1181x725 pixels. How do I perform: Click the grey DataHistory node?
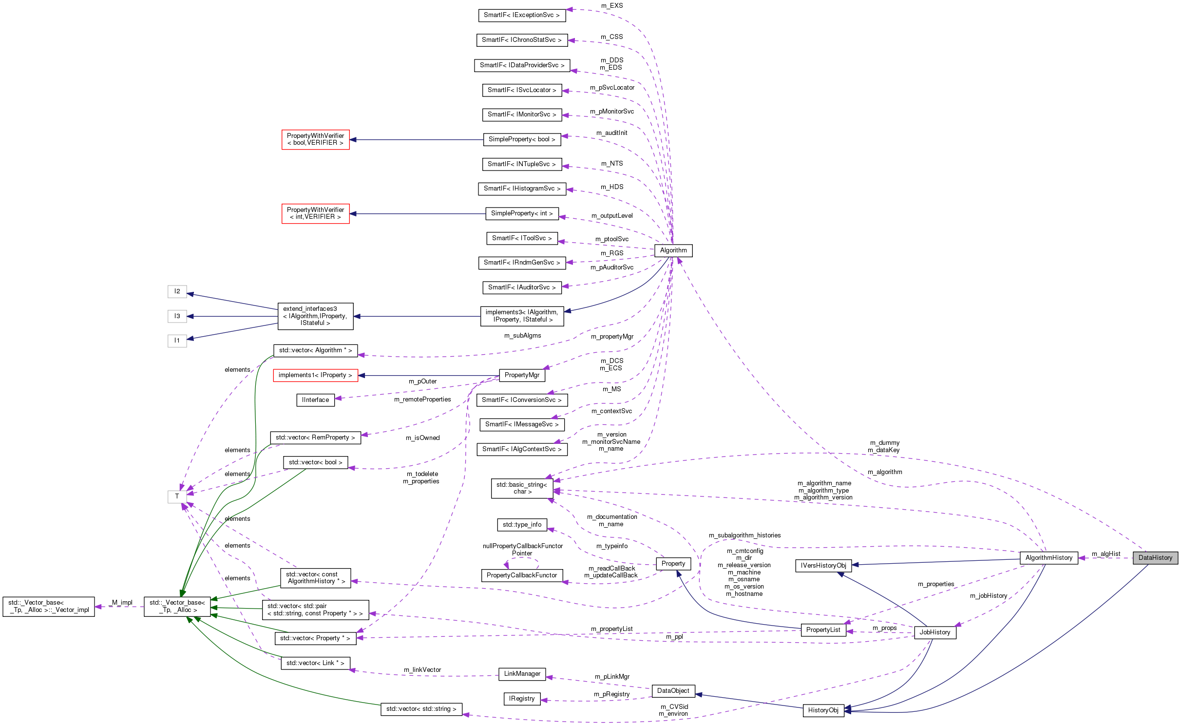(x=1155, y=557)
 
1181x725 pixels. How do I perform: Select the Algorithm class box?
(x=673, y=250)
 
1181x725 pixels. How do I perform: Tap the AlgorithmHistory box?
(x=1048, y=557)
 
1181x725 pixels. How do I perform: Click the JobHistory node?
(x=934, y=632)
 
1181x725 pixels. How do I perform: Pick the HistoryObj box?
(x=823, y=710)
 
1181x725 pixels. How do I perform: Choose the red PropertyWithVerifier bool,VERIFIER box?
(x=315, y=139)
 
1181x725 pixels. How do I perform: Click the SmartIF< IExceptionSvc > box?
(x=521, y=15)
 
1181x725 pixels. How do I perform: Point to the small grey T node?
(x=177, y=496)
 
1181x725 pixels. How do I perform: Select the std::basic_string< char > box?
(x=521, y=488)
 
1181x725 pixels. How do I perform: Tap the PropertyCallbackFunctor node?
(x=521, y=575)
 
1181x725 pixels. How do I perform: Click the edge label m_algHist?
(x=1105, y=553)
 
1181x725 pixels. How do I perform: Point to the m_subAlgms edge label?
(x=522, y=335)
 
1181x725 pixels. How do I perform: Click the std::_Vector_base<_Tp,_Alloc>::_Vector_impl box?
(x=49, y=606)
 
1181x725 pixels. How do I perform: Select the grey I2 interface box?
(x=177, y=291)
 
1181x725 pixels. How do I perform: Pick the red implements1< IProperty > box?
(x=315, y=375)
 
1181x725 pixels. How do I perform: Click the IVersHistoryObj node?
(x=823, y=565)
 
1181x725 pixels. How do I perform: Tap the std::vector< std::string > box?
(x=421, y=708)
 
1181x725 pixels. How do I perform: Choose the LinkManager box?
(x=522, y=673)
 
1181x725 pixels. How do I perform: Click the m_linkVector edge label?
(x=422, y=669)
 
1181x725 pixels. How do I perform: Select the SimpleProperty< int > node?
(x=521, y=213)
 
